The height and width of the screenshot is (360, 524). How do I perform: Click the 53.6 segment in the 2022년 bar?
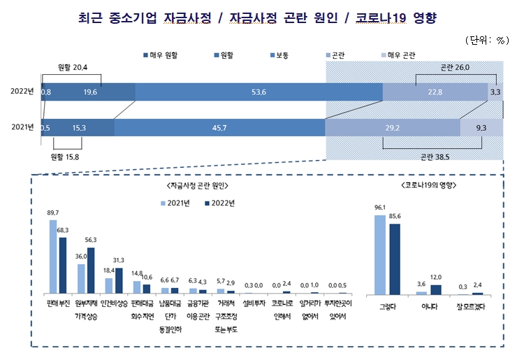pos(259,92)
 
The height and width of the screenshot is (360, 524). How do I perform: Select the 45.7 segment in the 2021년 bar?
pos(219,127)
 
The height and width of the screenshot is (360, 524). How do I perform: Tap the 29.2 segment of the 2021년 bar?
pos(393,127)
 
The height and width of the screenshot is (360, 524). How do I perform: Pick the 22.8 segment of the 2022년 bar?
pos(435,92)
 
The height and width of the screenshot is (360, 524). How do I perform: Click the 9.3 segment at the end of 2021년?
pos(481,127)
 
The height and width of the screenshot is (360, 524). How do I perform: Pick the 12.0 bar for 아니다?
pos(436,289)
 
